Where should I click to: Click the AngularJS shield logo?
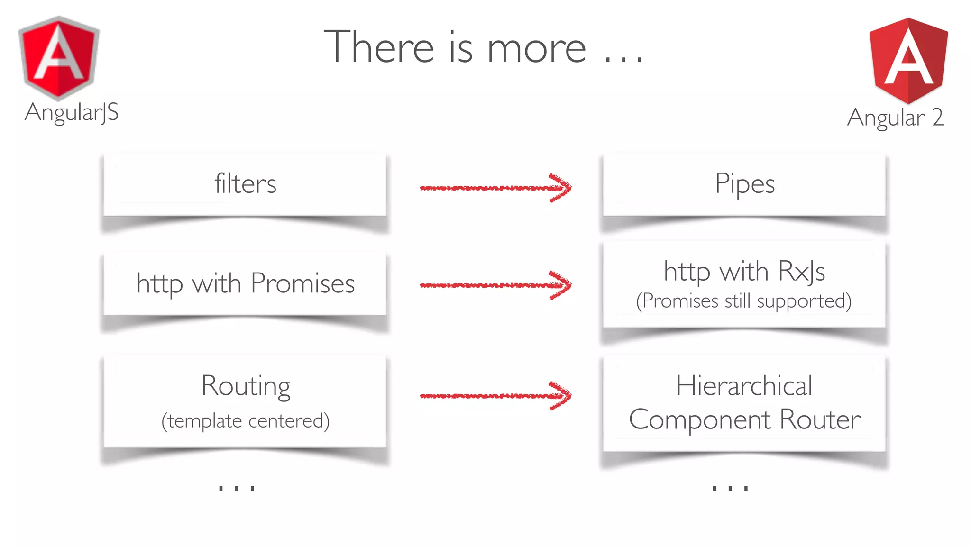[x=59, y=58]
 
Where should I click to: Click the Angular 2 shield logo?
[x=908, y=61]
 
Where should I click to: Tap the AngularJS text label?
[x=72, y=113]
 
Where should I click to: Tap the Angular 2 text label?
[x=895, y=118]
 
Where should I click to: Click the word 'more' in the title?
[x=536, y=48]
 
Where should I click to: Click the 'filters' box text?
[x=245, y=184]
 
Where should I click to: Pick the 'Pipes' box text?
[x=744, y=184]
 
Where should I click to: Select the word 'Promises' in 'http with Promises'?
[x=302, y=283]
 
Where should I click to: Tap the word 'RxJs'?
[x=801, y=272]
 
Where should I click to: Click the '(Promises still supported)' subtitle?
[x=744, y=301]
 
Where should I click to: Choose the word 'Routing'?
[x=246, y=386]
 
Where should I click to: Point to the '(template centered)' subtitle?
[x=245, y=421]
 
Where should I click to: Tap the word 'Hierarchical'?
[x=744, y=385]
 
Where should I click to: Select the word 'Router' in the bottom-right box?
[x=820, y=419]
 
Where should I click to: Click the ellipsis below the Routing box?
[x=237, y=487]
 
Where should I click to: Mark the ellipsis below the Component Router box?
[x=730, y=487]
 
